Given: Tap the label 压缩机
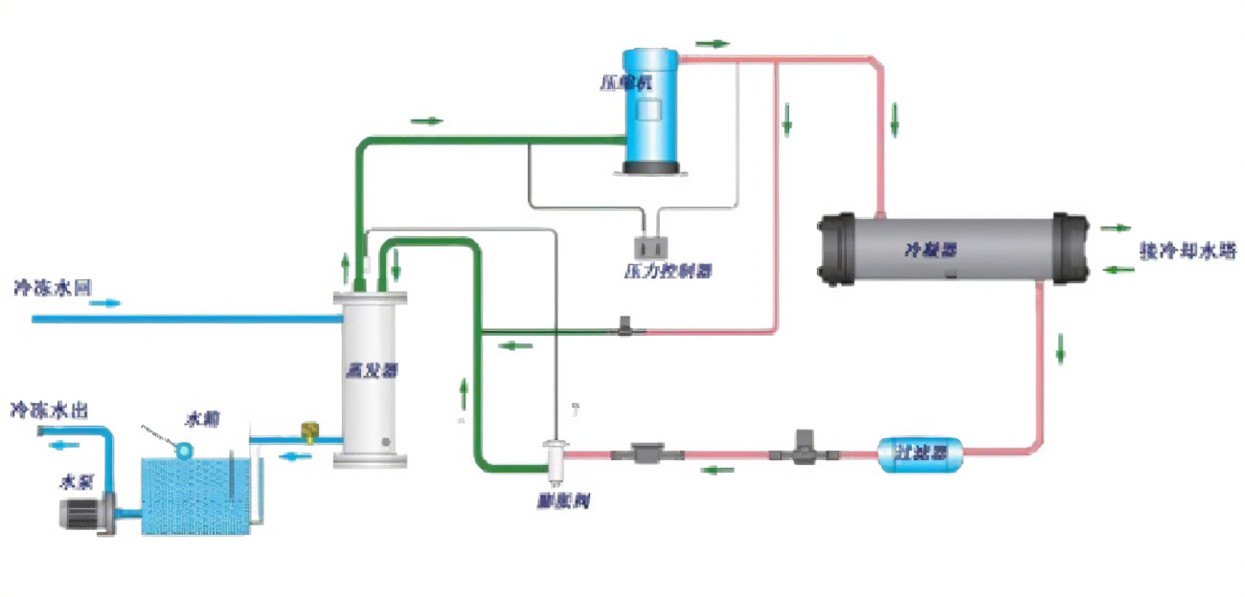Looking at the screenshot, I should [632, 79].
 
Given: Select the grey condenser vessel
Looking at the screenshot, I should [953, 250].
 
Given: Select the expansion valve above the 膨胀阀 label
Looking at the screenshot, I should [555, 456].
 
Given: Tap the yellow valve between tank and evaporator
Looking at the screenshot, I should [309, 433].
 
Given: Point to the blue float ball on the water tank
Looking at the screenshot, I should [183, 447].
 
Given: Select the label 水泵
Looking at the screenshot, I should [77, 481].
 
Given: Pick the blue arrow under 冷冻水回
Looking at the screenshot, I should [106, 303].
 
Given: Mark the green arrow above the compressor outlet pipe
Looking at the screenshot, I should [713, 43].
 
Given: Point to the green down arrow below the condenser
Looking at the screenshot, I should [1060, 349].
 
